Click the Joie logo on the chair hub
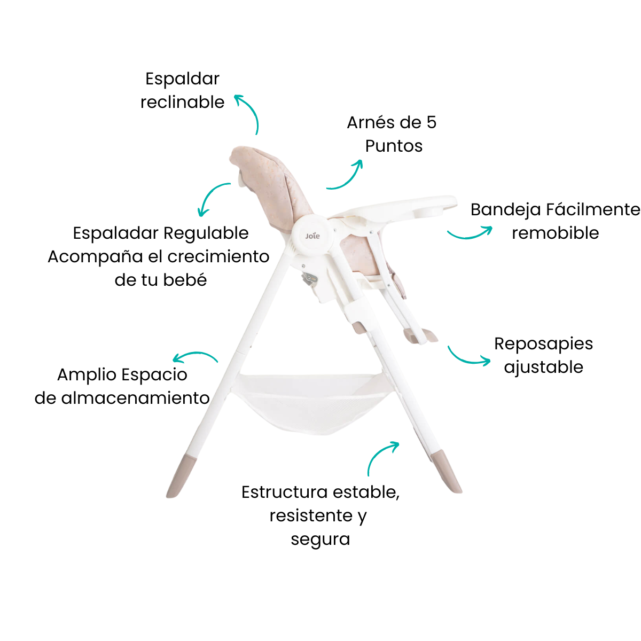pos(312,236)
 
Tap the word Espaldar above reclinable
pos(182,79)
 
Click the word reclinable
pos(182,102)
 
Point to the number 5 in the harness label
pos(432,122)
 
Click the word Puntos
pos(394,146)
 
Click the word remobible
pos(555,233)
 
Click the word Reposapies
pos(544,345)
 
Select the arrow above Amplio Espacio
pos(196,354)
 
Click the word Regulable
pos(206,234)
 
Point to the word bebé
pos(185,279)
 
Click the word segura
pos(320,540)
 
